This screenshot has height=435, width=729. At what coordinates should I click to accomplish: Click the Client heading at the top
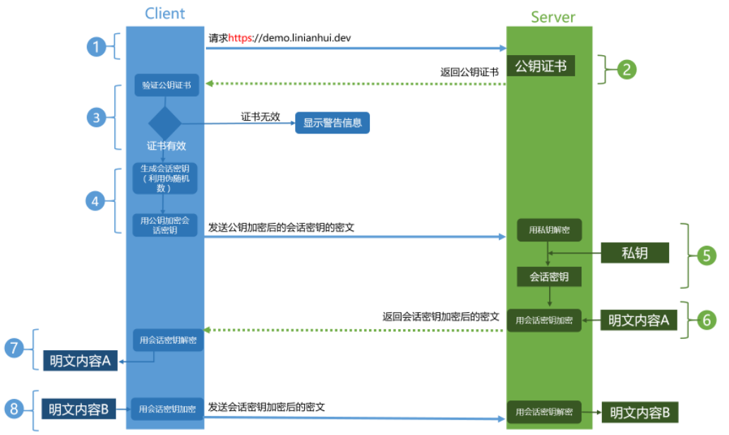click(x=164, y=13)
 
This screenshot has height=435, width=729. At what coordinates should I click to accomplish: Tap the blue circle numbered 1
click(x=97, y=47)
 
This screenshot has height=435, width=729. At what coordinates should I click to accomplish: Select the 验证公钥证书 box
click(x=166, y=85)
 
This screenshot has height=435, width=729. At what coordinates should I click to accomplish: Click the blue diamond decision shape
click(x=165, y=123)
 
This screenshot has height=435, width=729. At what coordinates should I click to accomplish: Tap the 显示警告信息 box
click(x=332, y=122)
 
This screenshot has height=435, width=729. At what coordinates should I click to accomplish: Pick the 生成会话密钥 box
click(x=165, y=179)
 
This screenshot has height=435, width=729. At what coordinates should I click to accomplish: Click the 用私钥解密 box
click(x=549, y=230)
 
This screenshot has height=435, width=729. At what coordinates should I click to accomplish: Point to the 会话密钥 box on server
click(x=549, y=277)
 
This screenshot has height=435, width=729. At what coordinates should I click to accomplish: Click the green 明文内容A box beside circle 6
click(x=638, y=320)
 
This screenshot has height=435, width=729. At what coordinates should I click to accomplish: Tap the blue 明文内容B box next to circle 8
click(x=78, y=409)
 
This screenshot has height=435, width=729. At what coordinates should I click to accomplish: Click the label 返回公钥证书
click(x=469, y=72)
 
